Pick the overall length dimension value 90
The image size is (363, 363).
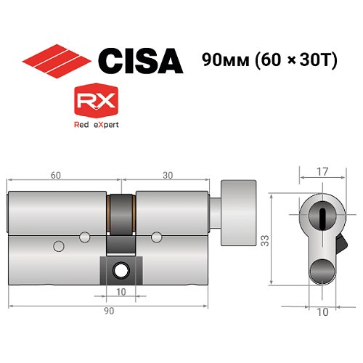[x=107, y=311]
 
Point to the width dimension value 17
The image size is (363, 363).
[x=319, y=172]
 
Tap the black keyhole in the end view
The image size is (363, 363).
[x=319, y=213]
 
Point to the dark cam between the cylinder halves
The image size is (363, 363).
[x=120, y=218]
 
